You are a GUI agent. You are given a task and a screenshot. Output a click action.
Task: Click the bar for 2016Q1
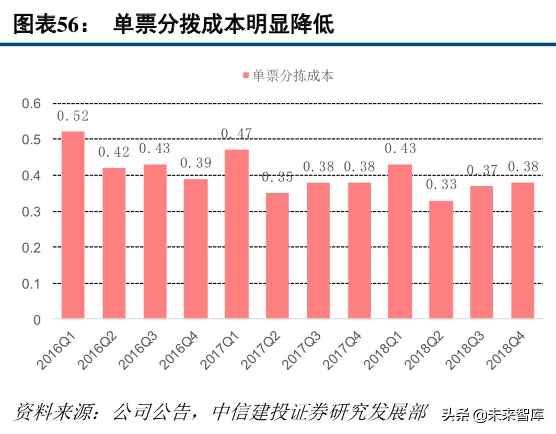coord(73,224)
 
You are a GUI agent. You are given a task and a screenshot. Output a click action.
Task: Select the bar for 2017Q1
coord(236,234)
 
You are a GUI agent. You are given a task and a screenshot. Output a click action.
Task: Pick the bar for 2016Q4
coord(195,248)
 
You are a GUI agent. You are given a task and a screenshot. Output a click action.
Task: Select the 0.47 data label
coord(236,134)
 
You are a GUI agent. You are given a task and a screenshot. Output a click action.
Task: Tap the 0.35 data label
coord(277,177)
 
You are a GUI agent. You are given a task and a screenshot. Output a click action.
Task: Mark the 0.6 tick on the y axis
coord(31,104)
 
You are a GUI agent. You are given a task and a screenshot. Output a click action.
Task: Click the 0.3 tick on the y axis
coord(31,212)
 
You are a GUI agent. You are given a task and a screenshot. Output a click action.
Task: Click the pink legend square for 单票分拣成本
coord(246,76)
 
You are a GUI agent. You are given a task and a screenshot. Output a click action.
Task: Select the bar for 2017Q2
coord(277,255)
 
